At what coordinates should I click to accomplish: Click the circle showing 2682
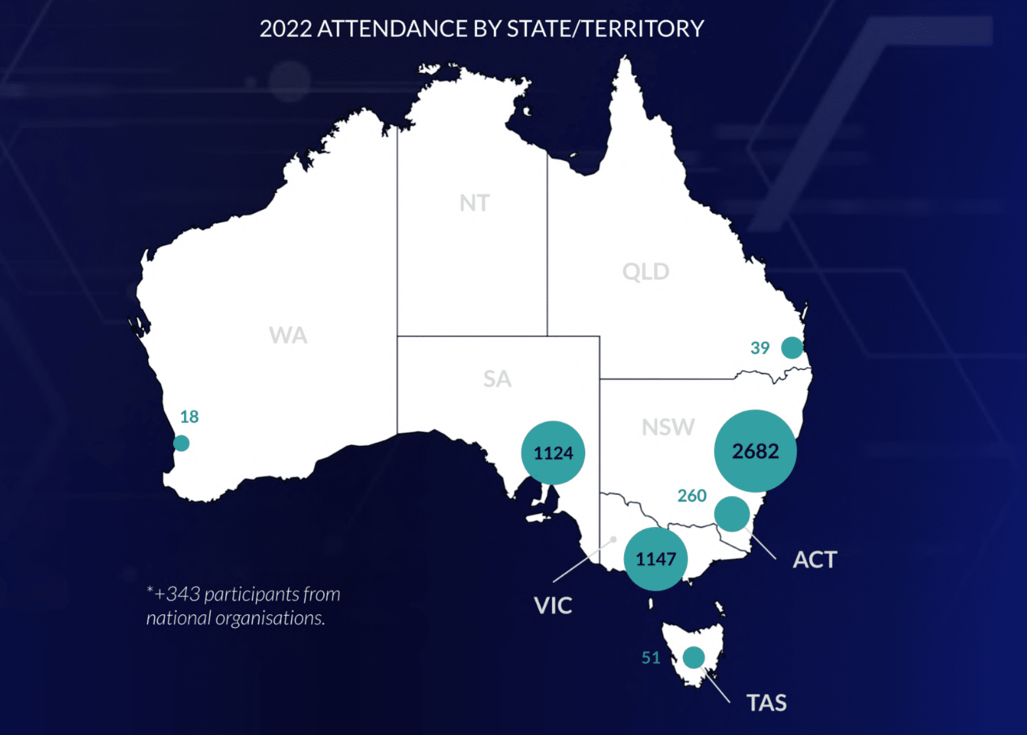(x=755, y=451)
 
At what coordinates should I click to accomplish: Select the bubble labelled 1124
(x=553, y=453)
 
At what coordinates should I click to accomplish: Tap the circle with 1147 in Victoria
(x=656, y=559)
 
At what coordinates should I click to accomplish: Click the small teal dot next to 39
(x=792, y=347)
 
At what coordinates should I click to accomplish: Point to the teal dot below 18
(x=182, y=443)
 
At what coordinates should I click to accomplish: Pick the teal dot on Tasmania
(x=693, y=657)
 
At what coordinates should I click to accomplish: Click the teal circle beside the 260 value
(x=732, y=514)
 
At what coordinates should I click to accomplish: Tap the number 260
(x=692, y=496)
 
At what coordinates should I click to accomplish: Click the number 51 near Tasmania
(x=651, y=658)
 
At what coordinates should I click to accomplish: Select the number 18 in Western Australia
(x=189, y=416)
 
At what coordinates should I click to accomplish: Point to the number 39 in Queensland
(x=760, y=348)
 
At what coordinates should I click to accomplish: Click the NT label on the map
(x=475, y=203)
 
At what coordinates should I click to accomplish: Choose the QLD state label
(x=645, y=272)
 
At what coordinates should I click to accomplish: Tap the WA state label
(x=288, y=335)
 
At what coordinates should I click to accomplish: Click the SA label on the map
(x=497, y=379)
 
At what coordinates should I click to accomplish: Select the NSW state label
(x=668, y=427)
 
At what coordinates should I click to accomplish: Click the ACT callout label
(x=815, y=560)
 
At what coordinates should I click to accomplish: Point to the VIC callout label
(x=553, y=606)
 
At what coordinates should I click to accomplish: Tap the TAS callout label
(x=767, y=703)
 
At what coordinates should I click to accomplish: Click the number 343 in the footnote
(x=183, y=594)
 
